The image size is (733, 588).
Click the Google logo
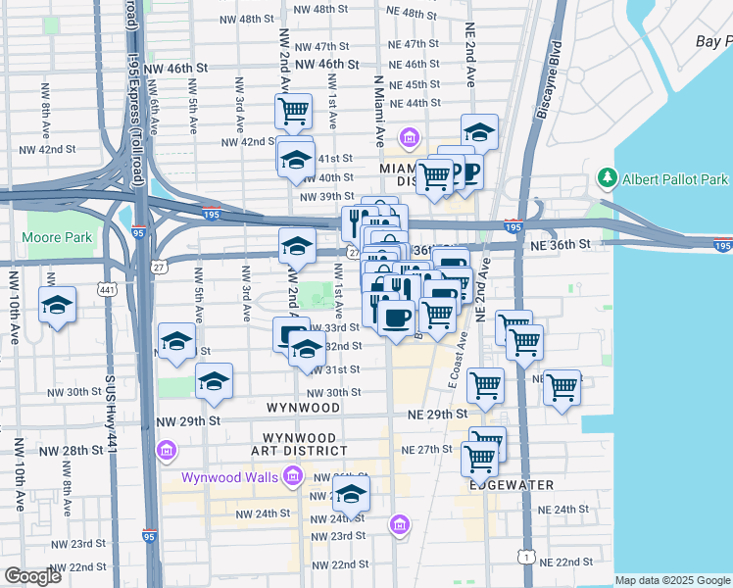tap(32, 576)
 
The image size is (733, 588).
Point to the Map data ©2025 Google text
tap(672, 580)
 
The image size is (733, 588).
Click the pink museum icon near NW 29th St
tap(166, 450)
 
